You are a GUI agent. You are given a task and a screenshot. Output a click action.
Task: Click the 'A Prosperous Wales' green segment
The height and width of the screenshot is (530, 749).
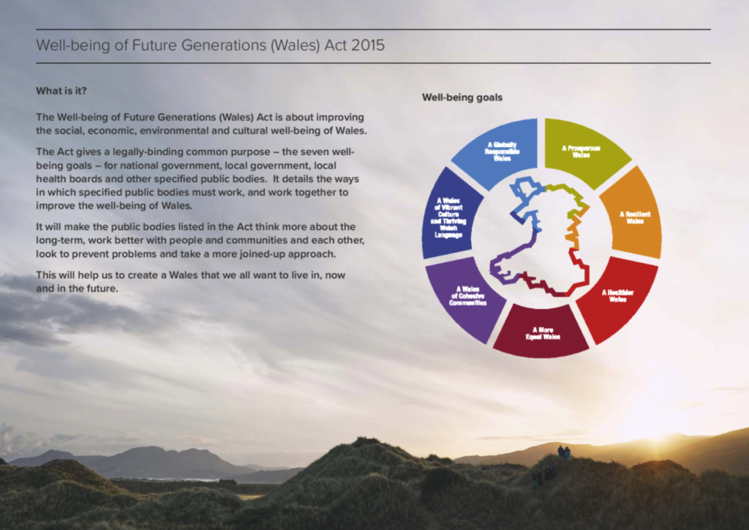click(583, 151)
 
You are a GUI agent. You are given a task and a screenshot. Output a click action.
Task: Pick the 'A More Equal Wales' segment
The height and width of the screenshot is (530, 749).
click(542, 333)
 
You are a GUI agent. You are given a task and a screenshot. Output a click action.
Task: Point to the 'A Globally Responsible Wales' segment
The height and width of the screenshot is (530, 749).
click(499, 151)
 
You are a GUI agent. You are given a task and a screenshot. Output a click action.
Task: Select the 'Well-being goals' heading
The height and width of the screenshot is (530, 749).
click(462, 97)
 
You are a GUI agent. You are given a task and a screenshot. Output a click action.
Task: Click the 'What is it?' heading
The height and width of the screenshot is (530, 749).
click(61, 91)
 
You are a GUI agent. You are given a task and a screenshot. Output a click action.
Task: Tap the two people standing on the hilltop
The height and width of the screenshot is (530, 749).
click(564, 452)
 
